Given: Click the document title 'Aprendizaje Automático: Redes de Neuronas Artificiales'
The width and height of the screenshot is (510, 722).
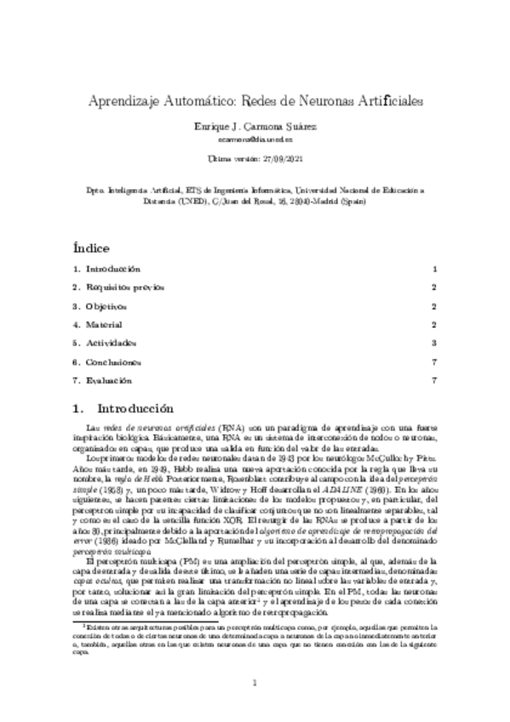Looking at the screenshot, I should point(255,100).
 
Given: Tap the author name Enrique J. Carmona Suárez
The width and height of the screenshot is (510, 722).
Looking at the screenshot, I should point(255,125).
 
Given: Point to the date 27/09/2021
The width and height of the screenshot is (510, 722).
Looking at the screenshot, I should point(273,158).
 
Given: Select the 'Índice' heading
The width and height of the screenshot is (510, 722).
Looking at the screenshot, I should point(91,249).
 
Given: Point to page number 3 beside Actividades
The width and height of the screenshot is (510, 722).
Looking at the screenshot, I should point(433,342).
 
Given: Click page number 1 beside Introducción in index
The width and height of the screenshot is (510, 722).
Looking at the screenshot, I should point(433,268).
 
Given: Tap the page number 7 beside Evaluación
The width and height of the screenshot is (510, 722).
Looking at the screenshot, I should point(433,380).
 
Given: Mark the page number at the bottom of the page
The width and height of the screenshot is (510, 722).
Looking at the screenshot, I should point(255,684).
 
